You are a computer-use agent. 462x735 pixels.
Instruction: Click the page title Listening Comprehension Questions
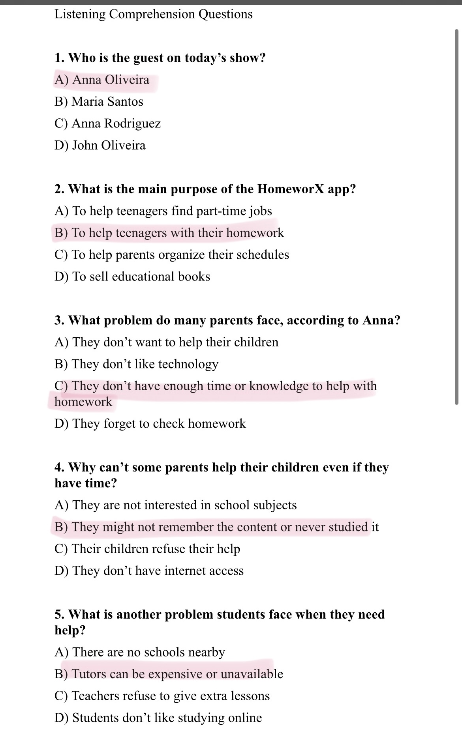153,14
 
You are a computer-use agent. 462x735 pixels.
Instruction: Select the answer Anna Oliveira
102,80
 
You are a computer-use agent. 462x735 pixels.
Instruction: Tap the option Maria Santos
99,102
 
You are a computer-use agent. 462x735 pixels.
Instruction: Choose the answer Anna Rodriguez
107,124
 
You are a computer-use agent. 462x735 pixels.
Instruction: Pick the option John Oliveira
100,146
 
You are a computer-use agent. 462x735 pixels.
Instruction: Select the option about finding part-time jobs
163,211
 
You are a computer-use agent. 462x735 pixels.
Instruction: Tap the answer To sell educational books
132,277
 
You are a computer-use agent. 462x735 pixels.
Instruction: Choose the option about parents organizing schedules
172,255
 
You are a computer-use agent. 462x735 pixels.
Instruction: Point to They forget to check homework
150,424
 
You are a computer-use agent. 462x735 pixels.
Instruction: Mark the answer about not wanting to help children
166,342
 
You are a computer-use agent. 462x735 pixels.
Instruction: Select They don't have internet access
149,571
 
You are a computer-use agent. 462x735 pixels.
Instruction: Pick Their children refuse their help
147,549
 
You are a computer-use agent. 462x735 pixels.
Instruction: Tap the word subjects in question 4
275,505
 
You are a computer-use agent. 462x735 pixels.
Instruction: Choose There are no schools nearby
140,653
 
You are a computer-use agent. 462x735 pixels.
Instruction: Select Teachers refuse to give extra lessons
162,696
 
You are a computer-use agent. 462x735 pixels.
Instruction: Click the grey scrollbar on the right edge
456,217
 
